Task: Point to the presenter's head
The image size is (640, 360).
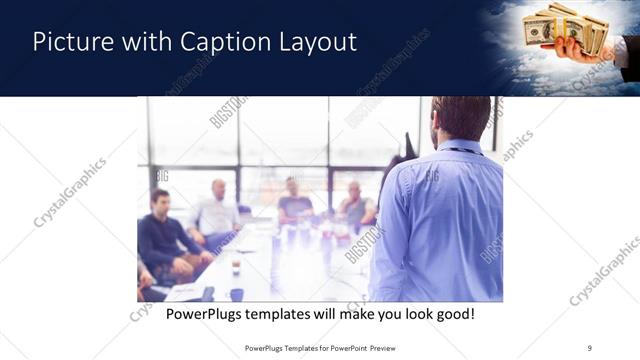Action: [461, 118]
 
